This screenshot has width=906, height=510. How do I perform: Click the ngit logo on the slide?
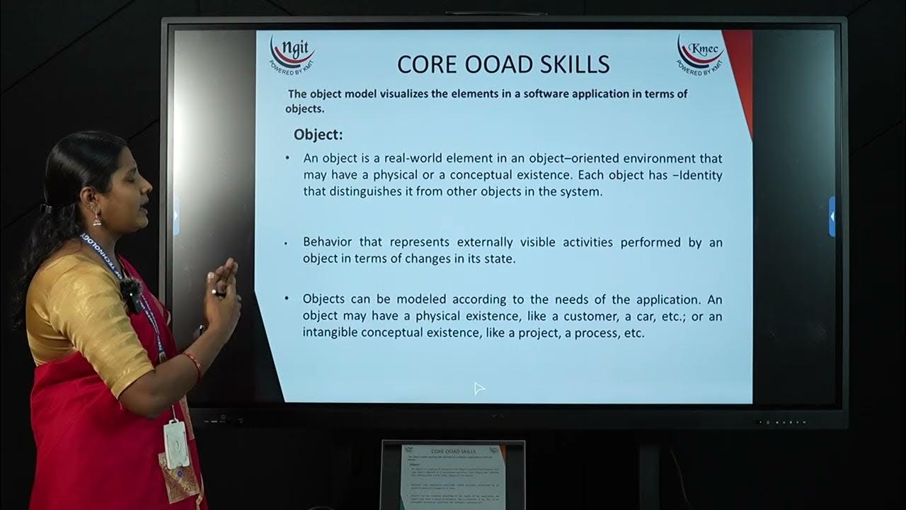292,54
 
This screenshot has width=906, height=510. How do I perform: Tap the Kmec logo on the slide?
700,54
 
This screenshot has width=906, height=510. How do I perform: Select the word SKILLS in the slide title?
574,64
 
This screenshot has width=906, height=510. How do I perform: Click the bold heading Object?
318,135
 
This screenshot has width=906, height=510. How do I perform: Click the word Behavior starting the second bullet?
327,242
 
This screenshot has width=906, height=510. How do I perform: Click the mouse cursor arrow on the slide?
478,387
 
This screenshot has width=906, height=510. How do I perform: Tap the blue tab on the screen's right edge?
832,216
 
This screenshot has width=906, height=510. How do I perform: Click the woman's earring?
97,219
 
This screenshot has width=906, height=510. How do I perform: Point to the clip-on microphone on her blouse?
130,292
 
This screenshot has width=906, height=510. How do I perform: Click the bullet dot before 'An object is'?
287,158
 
